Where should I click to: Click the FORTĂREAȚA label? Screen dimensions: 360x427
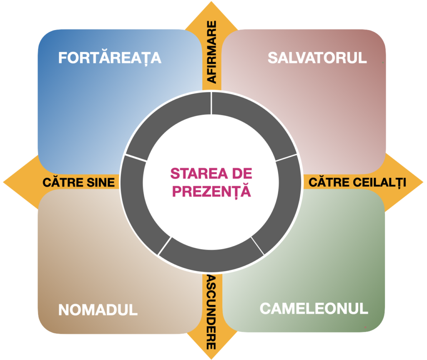pyautogui.click(x=110, y=57)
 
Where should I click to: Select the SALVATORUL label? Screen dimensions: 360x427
pyautogui.click(x=317, y=57)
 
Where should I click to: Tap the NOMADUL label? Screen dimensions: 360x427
pyautogui.click(x=98, y=310)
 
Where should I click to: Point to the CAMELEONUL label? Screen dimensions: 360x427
pyautogui.click(x=314, y=308)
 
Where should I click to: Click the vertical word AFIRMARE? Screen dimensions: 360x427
pyautogui.click(x=212, y=52)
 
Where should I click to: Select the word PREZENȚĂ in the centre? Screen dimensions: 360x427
pyautogui.click(x=212, y=191)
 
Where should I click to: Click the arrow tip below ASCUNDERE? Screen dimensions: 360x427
pyautogui.click(x=212, y=352)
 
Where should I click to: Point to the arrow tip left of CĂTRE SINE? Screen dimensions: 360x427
pyautogui.click(x=9, y=182)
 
